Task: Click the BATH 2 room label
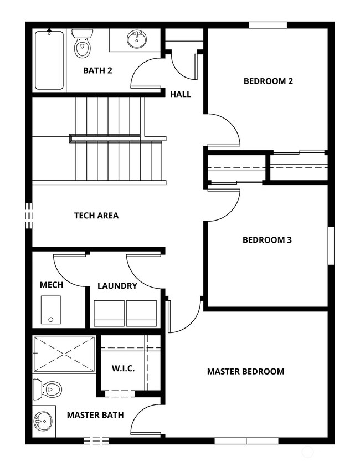pos(97,71)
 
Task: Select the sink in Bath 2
pos(137,39)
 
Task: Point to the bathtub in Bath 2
pos(49,60)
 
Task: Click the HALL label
pos(181,94)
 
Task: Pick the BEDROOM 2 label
pos(268,81)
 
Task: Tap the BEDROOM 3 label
pos(267,240)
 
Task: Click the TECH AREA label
pos(96,216)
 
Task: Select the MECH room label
pos(52,285)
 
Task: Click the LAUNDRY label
pos(117,286)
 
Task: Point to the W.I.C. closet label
pos(124,368)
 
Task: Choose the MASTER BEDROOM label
pos(246,371)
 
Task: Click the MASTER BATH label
pos(95,415)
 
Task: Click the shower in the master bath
pos(64,354)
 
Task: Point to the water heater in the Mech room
pos(51,310)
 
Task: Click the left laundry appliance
pos(109,314)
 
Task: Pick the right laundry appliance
pos(141,314)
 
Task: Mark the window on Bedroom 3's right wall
pos(331,245)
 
